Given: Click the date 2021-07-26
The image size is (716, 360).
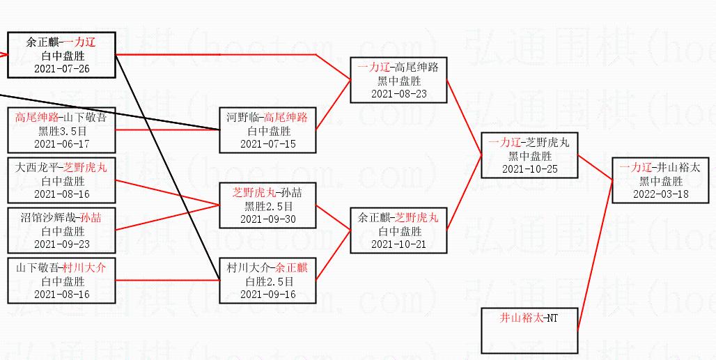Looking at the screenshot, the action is [x=61, y=69].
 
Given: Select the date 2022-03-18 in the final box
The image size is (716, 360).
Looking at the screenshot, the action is [x=660, y=194].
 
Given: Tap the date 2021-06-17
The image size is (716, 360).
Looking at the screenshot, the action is [x=61, y=144].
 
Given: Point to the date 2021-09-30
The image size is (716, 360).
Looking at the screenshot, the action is [x=268, y=219].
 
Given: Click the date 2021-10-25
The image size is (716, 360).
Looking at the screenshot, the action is [x=529, y=169].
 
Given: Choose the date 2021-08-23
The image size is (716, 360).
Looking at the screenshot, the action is [x=398, y=94].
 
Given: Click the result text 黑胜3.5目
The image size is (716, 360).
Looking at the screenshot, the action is [x=62, y=131].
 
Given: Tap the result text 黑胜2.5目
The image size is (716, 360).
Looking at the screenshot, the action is [x=268, y=206].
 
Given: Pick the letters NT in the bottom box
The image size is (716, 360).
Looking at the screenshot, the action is [x=552, y=318].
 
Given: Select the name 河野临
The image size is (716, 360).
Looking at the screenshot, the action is [x=242, y=118].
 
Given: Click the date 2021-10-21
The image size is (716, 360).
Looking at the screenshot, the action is [x=398, y=244].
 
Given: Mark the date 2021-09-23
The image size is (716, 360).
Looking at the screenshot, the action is [x=61, y=244].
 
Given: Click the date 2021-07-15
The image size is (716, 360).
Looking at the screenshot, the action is [x=268, y=144].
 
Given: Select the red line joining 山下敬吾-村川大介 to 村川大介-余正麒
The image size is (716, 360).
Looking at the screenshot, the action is [x=167, y=280].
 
